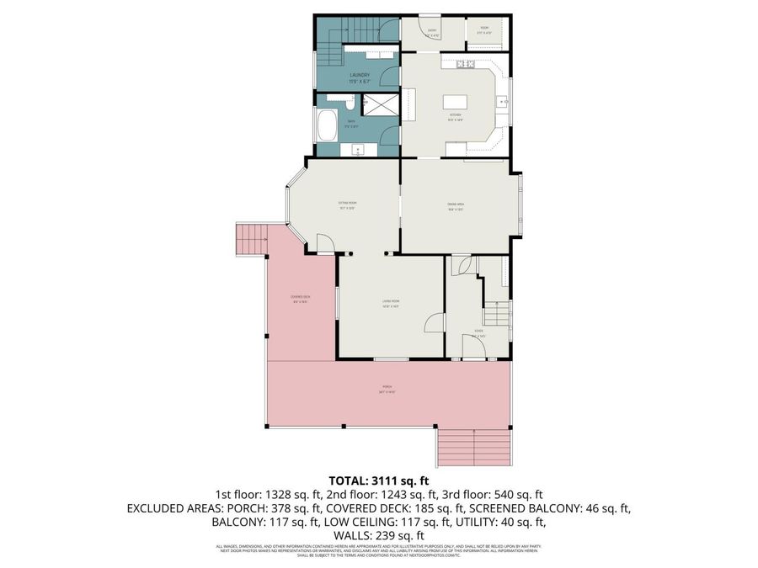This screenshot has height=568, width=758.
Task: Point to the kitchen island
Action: click(x=456, y=103)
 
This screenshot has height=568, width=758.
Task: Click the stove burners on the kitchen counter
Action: click(x=466, y=64)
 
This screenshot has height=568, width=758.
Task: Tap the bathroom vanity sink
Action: click(x=359, y=151)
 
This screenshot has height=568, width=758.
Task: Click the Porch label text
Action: click(x=387, y=387)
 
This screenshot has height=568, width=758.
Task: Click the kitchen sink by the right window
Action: click(x=503, y=102)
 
